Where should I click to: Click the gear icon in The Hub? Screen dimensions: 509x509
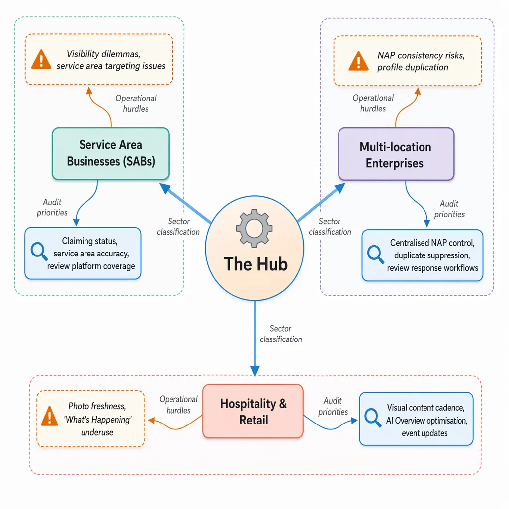[x=254, y=228]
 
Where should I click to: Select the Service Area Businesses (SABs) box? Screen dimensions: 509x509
[x=111, y=154]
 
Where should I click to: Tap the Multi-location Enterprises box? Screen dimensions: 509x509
[x=396, y=154]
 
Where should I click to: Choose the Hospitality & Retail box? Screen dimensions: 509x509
[x=253, y=411]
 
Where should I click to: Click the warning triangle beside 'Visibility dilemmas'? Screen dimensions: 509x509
[x=41, y=60]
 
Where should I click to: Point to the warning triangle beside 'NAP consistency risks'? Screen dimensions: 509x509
[x=358, y=61]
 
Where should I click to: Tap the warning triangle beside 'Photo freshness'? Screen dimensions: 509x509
[x=49, y=416]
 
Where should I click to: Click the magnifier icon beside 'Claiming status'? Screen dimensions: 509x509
[x=39, y=251]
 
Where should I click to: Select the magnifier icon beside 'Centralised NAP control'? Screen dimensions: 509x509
[x=376, y=254]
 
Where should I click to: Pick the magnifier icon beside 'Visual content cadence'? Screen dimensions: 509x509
[x=373, y=418]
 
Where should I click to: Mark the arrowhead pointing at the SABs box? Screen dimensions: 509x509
[x=165, y=188]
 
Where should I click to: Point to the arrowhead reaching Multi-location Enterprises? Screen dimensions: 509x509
[x=340, y=188]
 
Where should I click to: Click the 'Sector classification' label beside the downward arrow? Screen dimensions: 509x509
[x=281, y=334]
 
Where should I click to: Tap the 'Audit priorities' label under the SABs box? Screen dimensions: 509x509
[x=52, y=207]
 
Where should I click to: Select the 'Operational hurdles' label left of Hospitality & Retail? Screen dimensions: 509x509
[x=178, y=405]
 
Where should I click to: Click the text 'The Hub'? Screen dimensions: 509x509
[x=256, y=264]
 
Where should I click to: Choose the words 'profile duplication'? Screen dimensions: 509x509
[x=413, y=67]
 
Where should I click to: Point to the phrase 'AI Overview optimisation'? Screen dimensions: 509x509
[x=426, y=421]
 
